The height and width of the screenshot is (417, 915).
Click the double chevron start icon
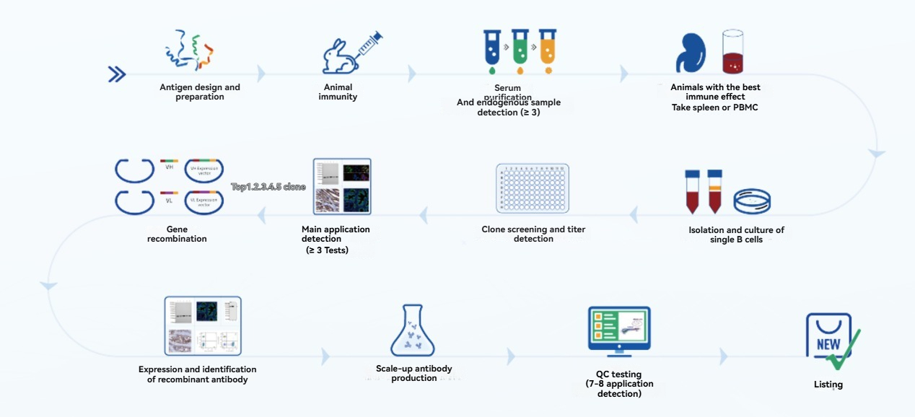tap(117, 74)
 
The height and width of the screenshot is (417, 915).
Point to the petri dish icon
tap(752, 201)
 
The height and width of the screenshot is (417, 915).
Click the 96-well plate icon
tap(533, 189)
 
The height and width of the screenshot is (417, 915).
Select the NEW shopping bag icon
tap(828, 338)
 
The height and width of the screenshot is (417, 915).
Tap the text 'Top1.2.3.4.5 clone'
tap(268, 187)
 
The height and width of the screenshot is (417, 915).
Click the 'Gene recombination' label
tap(177, 234)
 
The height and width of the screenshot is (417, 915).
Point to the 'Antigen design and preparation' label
tap(200, 92)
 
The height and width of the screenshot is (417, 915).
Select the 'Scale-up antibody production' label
tap(414, 373)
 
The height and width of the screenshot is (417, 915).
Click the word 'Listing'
tap(828, 385)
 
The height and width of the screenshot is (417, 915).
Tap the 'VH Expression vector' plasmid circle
tap(204, 171)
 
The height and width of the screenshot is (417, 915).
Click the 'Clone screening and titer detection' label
tap(533, 234)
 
